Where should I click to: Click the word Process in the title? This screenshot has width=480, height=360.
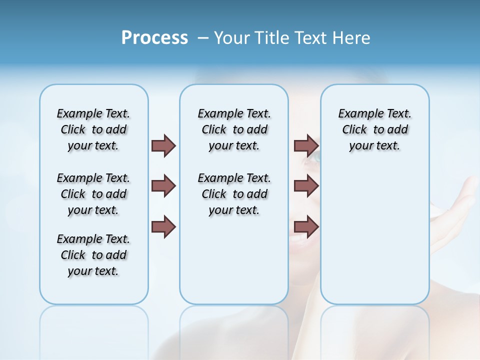tap(154, 38)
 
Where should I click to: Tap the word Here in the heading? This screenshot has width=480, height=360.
tap(352, 38)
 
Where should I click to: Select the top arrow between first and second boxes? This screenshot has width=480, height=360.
tap(163, 145)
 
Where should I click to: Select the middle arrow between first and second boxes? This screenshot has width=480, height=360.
tap(163, 186)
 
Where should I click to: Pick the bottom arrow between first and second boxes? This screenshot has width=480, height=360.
tap(163, 226)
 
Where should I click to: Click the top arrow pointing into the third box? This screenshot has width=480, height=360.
tap(306, 145)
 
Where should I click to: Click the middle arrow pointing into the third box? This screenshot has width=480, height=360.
tap(306, 186)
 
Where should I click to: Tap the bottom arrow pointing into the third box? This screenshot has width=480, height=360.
tap(306, 226)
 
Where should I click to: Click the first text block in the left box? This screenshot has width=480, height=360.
tap(93, 129)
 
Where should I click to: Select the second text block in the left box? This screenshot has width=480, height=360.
tap(93, 194)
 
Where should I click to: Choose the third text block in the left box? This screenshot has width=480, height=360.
tap(93, 255)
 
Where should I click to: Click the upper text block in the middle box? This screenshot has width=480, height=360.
tap(234, 129)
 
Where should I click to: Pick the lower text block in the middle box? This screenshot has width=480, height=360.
tap(234, 194)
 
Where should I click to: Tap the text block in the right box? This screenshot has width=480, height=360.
tap(374, 129)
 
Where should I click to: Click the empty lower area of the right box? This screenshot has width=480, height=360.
tap(374, 240)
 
